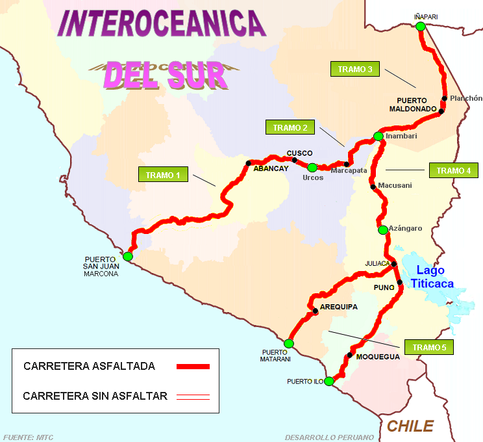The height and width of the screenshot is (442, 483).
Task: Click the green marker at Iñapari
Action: [x=420, y=26]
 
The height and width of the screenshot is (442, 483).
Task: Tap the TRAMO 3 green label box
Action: [x=355, y=70]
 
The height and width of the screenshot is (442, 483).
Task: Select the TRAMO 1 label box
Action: [x=163, y=175]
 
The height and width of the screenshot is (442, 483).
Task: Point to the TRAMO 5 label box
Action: [x=428, y=347]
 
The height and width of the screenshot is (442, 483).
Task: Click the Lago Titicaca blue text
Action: [x=434, y=277]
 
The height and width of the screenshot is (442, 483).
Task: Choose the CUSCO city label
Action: [x=299, y=153]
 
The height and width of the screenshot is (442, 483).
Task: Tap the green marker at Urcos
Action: [x=312, y=167]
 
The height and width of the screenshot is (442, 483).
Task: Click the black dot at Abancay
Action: [x=248, y=162]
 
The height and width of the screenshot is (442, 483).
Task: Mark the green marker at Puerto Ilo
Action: [x=329, y=381]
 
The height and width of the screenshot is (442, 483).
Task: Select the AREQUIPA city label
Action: [x=338, y=307]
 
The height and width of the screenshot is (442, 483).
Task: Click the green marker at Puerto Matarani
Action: [x=289, y=343]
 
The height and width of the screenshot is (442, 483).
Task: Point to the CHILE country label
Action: [x=410, y=426]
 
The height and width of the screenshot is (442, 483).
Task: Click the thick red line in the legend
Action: [x=193, y=367]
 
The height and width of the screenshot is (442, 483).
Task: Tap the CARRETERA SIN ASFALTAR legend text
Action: [x=95, y=395]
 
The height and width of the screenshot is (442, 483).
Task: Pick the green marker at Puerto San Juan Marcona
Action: [x=128, y=256]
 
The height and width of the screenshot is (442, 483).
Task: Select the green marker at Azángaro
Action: [x=382, y=229]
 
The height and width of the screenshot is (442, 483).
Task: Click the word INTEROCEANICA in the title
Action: [x=162, y=23]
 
